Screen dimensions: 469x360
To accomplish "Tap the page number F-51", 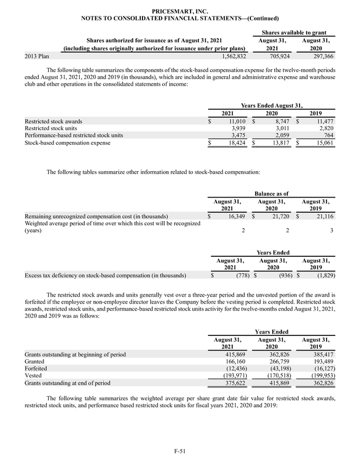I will tap(179, 450).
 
